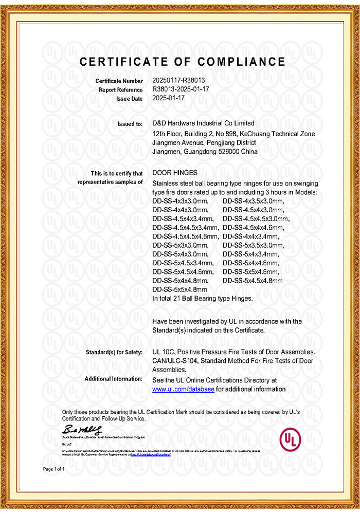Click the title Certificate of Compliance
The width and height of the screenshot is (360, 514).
pos(183,62)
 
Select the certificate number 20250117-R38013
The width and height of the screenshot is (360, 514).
pos(179,81)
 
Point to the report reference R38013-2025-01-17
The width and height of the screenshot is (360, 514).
pos(182,89)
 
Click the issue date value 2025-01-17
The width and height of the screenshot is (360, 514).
pos(169,98)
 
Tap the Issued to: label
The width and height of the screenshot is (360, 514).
pos(131,124)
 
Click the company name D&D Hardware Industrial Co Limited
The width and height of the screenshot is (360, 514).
pos(204,123)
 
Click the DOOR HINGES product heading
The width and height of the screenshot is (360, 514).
pos(175,173)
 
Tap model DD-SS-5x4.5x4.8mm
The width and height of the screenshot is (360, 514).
pos(253,281)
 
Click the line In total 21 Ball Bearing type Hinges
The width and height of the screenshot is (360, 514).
pos(203,298)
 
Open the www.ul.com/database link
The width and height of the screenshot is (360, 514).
pos(183,389)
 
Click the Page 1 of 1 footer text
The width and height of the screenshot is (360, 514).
pos(53,469)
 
